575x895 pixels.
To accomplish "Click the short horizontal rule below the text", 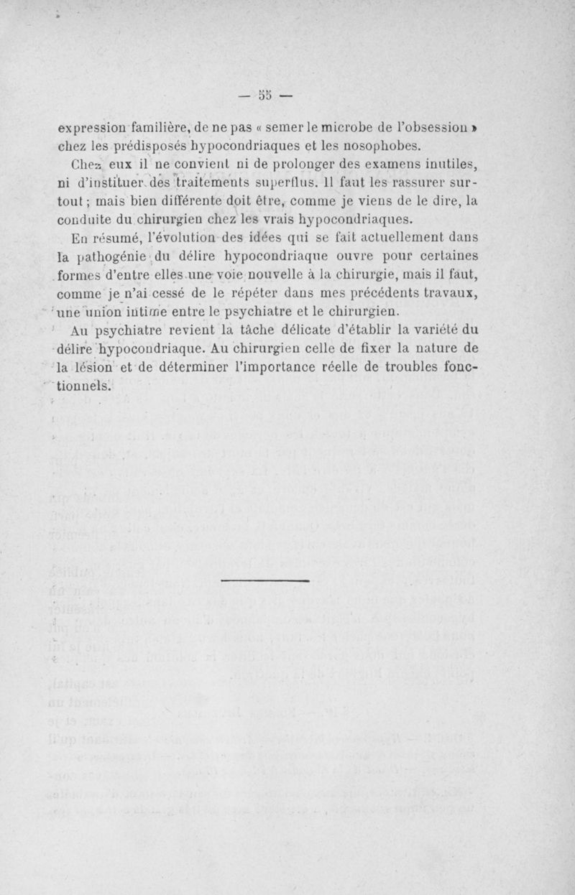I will point(264,580).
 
